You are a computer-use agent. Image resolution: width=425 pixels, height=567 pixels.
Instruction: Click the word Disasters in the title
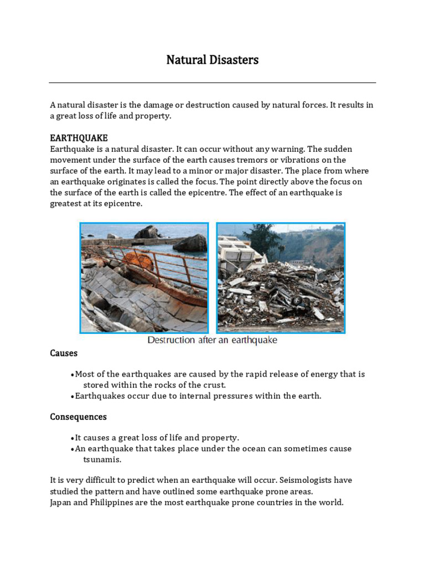[x=232, y=60]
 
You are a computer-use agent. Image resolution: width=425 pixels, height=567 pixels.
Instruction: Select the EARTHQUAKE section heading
[x=79, y=137]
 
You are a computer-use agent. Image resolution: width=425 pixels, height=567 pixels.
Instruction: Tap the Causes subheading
[x=64, y=353]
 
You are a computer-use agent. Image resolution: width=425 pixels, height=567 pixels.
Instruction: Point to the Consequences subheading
[x=78, y=416]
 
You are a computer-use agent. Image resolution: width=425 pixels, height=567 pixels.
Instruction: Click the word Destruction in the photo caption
[x=171, y=340]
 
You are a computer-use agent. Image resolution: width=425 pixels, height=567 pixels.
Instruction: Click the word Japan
[x=61, y=502]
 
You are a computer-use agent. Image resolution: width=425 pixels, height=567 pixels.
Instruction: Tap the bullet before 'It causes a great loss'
[x=72, y=438]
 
